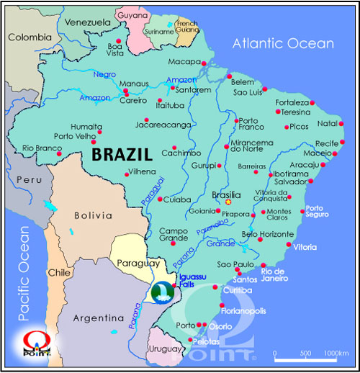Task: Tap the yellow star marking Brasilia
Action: (x=219, y=202)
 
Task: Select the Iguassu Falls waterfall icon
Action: (x=163, y=292)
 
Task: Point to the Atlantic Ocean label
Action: (x=283, y=44)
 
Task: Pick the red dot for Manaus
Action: (x=126, y=91)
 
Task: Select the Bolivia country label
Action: (x=94, y=215)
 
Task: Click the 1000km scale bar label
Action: (x=336, y=353)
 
